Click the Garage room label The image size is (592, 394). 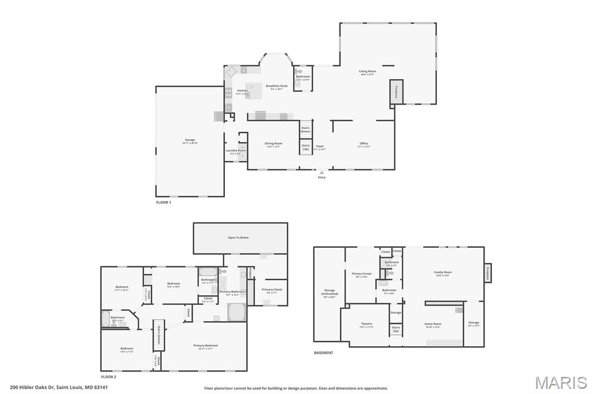[190, 140]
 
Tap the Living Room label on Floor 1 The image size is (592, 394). [367, 72]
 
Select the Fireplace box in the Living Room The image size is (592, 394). [396, 92]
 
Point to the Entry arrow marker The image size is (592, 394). [321, 172]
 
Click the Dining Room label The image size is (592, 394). [273, 144]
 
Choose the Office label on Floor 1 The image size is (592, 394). [363, 144]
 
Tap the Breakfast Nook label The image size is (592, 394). [276, 86]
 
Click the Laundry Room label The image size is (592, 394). [235, 151]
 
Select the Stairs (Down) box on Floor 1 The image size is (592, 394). [305, 129]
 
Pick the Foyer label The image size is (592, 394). [320, 147]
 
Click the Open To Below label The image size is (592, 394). [238, 237]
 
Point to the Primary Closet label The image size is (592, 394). [271, 289]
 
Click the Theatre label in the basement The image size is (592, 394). [366, 324]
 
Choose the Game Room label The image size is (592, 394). [433, 324]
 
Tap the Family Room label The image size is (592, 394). [442, 273]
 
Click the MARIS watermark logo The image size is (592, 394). [560, 382]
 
